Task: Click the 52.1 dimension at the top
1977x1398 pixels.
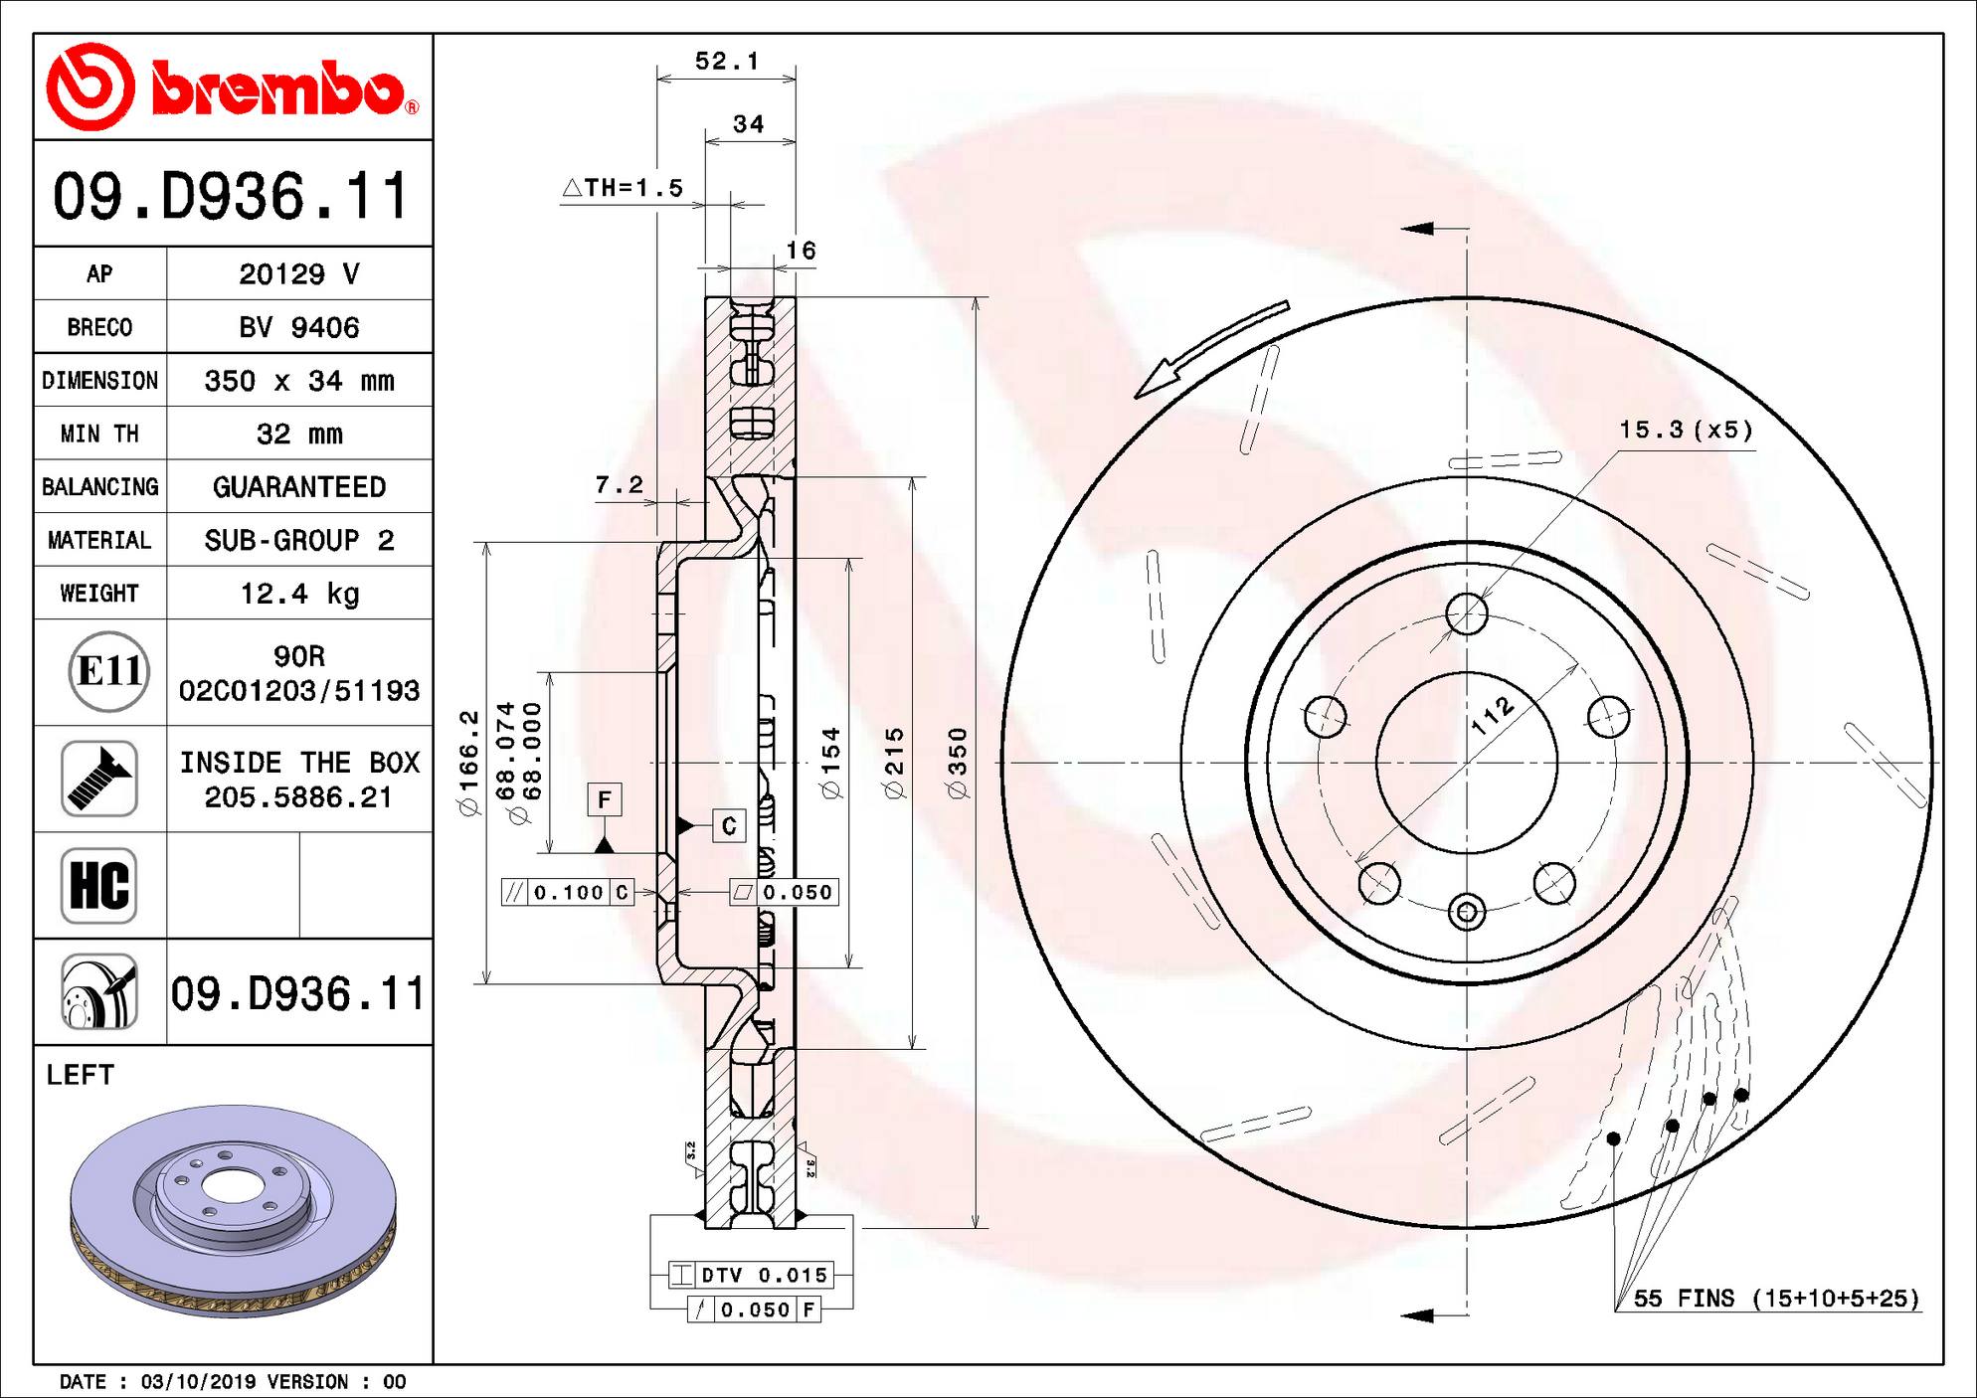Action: pyautogui.click(x=726, y=62)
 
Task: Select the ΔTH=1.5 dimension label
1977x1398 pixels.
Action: pyautogui.click(x=624, y=188)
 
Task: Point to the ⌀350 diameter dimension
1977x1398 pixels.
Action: pyautogui.click(x=958, y=763)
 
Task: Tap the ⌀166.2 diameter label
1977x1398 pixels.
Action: pyautogui.click(x=469, y=763)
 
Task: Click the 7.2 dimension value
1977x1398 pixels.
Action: pyautogui.click(x=619, y=485)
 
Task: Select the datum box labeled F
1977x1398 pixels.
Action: pyautogui.click(x=605, y=799)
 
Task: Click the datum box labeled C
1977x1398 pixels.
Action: pyautogui.click(x=729, y=825)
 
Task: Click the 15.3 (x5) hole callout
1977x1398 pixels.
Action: pyautogui.click(x=1686, y=430)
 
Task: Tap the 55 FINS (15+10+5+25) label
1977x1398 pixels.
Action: pyautogui.click(x=1776, y=1299)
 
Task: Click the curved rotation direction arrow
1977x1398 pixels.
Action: pyautogui.click(x=1208, y=348)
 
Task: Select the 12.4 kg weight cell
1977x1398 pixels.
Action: pyautogui.click(x=299, y=594)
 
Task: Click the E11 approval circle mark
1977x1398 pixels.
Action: pyautogui.click(x=109, y=672)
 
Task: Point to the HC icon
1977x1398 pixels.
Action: pyautogui.click(x=98, y=885)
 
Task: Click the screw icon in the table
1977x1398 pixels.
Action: pyautogui.click(x=98, y=779)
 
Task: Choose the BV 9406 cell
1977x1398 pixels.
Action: pyautogui.click(x=299, y=327)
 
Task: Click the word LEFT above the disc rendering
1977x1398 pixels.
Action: pyautogui.click(x=80, y=1075)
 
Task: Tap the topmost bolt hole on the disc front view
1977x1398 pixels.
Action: pyautogui.click(x=1467, y=613)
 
